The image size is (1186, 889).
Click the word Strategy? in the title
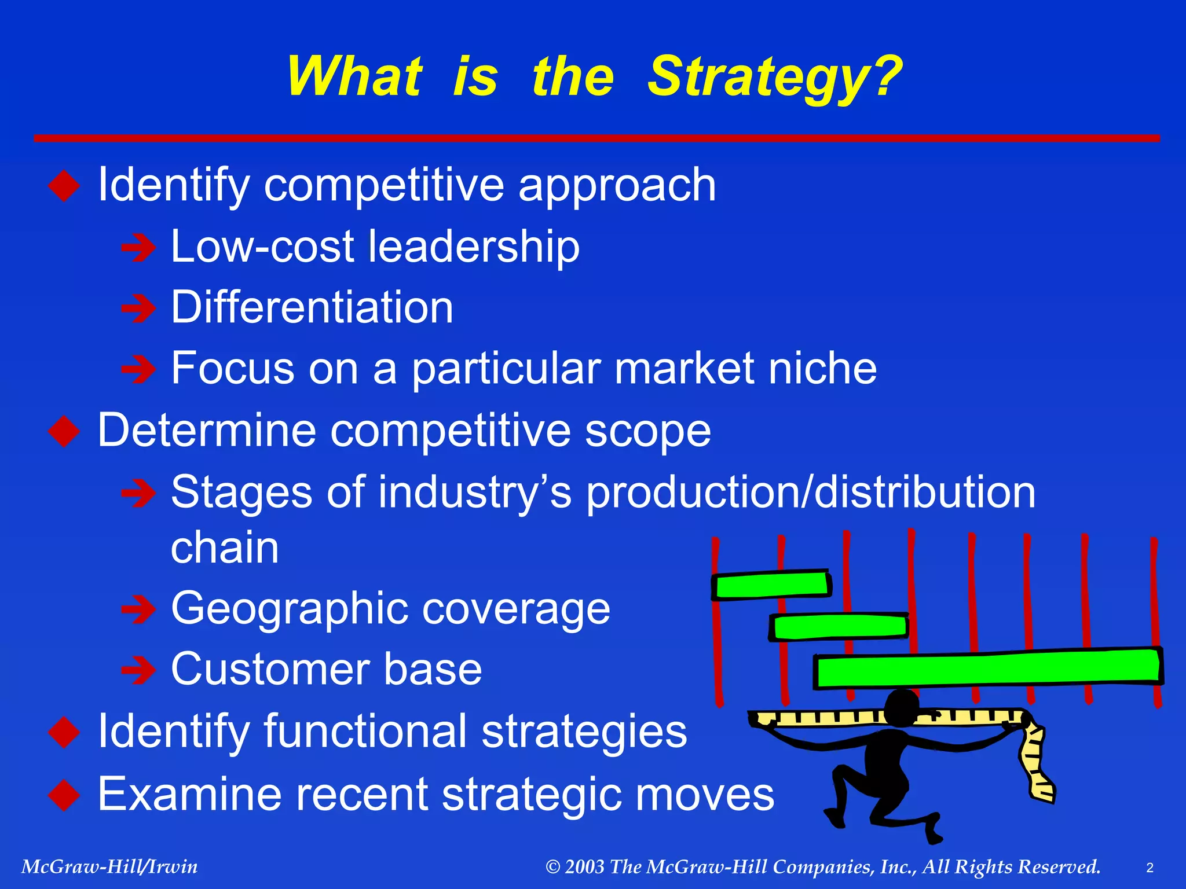(x=774, y=76)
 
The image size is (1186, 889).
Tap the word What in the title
(x=354, y=76)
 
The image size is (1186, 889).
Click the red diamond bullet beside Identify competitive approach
(x=64, y=186)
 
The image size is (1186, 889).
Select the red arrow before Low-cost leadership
(x=138, y=248)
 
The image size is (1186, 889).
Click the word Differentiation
(x=312, y=307)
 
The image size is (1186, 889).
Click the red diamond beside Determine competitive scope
(x=64, y=431)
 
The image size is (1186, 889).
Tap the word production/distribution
(x=811, y=493)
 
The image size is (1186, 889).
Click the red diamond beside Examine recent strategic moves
(x=64, y=795)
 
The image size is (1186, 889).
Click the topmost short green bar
(x=771, y=585)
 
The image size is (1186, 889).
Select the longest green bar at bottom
(x=987, y=669)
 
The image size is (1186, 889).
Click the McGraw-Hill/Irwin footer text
(x=109, y=867)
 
